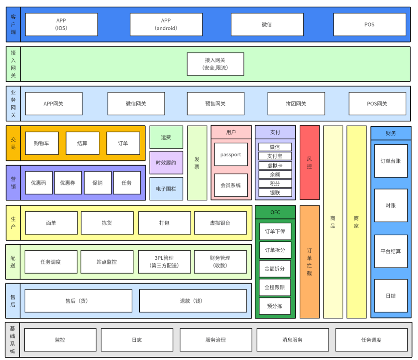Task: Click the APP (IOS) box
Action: pyautogui.click(x=61, y=24)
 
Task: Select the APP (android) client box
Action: pyautogui.click(x=166, y=24)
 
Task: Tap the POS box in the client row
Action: pyautogui.click(x=369, y=24)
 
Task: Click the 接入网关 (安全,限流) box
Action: pyautogui.click(x=215, y=64)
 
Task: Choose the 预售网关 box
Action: pyautogui.click(x=215, y=104)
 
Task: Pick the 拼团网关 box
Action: pyautogui.click(x=296, y=104)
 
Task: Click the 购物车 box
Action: pyautogui.click(x=42, y=143)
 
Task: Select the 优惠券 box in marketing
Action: pyautogui.click(x=68, y=183)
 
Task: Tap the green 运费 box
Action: pyautogui.click(x=166, y=137)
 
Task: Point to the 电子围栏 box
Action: pyautogui.click(x=166, y=189)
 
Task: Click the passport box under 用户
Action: pyautogui.click(x=231, y=154)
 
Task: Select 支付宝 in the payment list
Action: pyautogui.click(x=275, y=156)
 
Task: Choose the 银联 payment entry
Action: pyautogui.click(x=275, y=192)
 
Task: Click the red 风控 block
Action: pyautogui.click(x=310, y=163)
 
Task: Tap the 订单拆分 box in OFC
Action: pyautogui.click(x=275, y=250)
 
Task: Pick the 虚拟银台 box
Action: pyautogui.click(x=220, y=223)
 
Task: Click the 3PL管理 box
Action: pyautogui.click(x=164, y=262)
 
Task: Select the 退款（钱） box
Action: pyautogui.click(x=193, y=301)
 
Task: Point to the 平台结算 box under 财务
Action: pyautogui.click(x=391, y=251)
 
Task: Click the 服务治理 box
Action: pyautogui.click(x=215, y=340)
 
